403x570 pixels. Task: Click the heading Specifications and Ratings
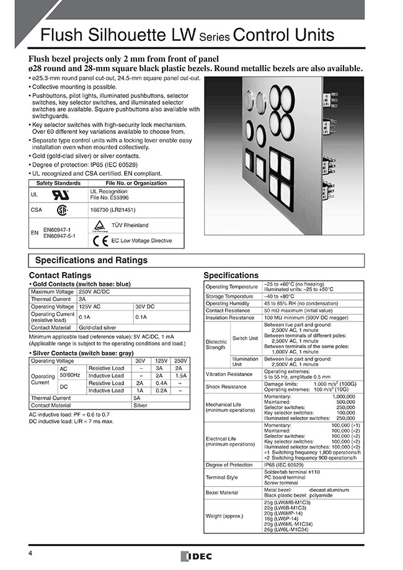[91, 260]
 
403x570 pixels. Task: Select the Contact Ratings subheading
[60, 275]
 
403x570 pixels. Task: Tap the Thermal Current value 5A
[136, 398]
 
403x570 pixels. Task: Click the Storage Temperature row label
[231, 296]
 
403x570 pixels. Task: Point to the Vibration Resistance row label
[229, 374]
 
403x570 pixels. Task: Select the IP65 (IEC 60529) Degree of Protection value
[288, 464]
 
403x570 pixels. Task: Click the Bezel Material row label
[223, 493]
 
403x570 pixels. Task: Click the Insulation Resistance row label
[230, 317]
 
